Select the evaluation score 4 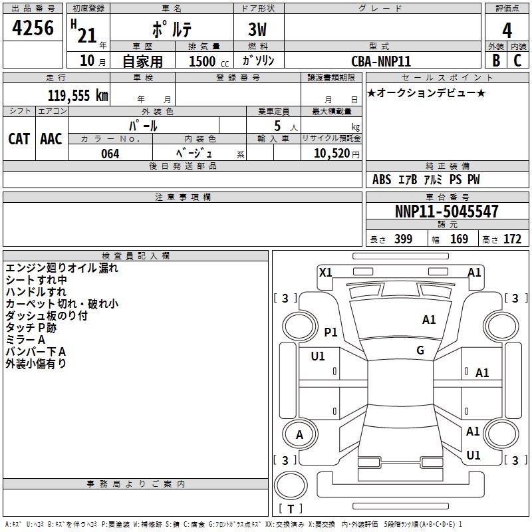point(507,31)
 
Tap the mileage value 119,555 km point(78,95)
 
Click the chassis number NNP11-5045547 point(447,211)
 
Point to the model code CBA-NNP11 point(381,61)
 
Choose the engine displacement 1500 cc point(203,61)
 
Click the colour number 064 point(110,154)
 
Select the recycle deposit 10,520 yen point(331,154)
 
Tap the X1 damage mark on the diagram point(326,272)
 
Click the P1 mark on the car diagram point(331,332)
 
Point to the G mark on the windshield point(420,350)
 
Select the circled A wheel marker point(299,436)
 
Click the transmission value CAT point(19,139)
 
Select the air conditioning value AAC point(51,139)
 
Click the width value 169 point(459,239)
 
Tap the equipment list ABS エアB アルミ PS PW point(426,180)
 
